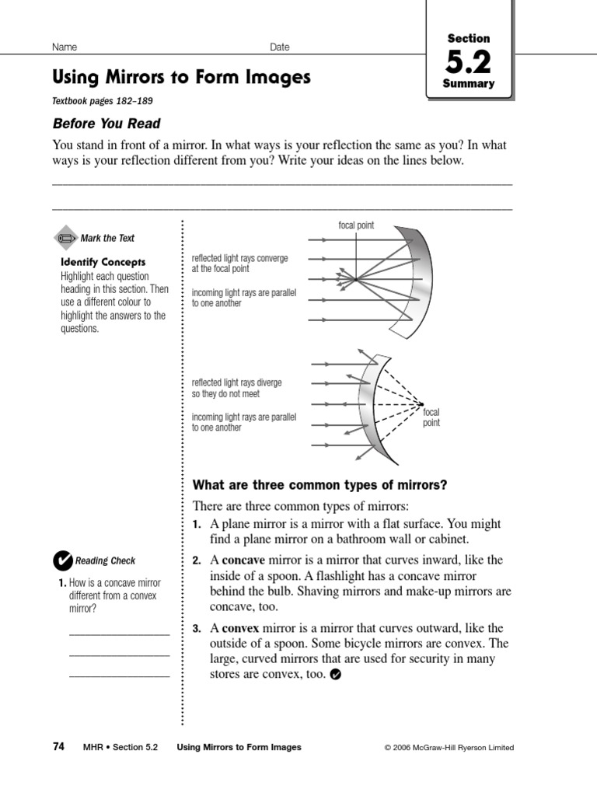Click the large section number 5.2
[x=469, y=61]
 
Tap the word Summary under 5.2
[x=469, y=84]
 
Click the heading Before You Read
[x=106, y=124]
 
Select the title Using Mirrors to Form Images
[x=180, y=77]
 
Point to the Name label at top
[x=64, y=47]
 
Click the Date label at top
[x=280, y=47]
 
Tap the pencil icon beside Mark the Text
[x=66, y=238]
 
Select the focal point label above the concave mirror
[x=356, y=225]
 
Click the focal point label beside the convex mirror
[x=431, y=417]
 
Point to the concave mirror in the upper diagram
[x=420, y=280]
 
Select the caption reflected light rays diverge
[x=237, y=388]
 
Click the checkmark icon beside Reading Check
[x=61, y=560]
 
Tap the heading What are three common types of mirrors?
[x=319, y=485]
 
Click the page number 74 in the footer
[x=58, y=747]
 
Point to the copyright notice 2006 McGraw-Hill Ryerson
[x=449, y=748]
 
